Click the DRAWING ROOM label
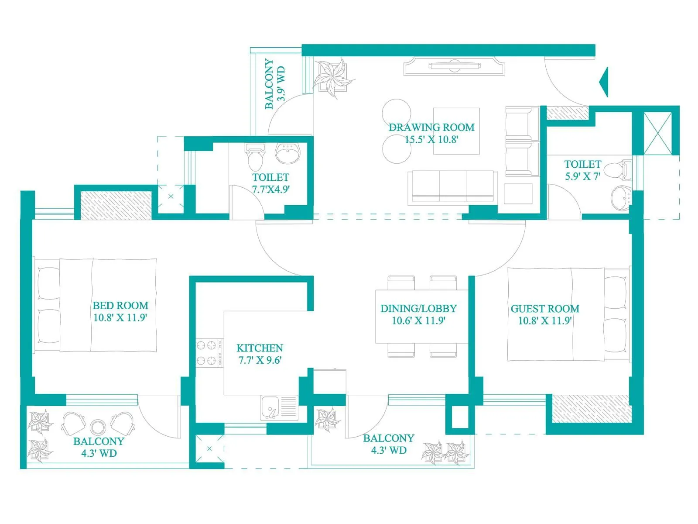point(431,128)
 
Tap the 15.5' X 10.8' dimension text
point(431,140)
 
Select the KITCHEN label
point(260,348)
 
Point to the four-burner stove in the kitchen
point(207,353)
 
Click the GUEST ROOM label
point(545,309)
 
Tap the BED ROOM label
point(120,306)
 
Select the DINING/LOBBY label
point(418,309)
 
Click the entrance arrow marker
point(604,82)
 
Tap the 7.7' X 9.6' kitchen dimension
point(260,361)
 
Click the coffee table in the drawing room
point(456,131)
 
